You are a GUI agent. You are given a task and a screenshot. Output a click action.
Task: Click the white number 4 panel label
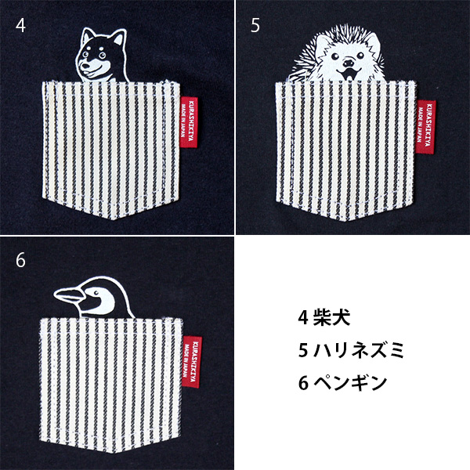[20, 26]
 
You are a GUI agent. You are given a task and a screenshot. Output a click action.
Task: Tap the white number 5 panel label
[255, 26]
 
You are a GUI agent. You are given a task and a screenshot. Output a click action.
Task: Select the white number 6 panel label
[20, 260]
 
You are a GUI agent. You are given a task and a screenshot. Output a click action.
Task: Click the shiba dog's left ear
[88, 36]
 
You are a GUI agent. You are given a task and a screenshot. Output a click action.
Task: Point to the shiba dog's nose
[85, 63]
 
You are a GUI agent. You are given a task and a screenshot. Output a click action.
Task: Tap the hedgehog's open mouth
[348, 74]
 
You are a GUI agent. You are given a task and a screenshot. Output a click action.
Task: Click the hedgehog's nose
[348, 63]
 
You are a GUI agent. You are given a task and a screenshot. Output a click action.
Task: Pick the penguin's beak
[68, 295]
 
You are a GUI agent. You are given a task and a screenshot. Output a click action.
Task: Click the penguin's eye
[96, 292]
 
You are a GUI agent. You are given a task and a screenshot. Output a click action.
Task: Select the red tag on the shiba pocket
[189, 122]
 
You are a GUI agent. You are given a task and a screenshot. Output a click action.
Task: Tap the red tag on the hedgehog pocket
[425, 127]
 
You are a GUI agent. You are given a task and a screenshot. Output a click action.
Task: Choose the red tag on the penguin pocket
[192, 362]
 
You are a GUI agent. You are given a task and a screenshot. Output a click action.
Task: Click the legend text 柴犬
[332, 317]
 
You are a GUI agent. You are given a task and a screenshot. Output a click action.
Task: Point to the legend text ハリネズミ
[359, 350]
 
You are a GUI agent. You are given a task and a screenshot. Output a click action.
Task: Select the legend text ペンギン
[350, 382]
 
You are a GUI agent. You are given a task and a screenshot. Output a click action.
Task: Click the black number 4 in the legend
[303, 317]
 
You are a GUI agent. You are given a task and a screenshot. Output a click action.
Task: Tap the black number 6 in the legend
[303, 383]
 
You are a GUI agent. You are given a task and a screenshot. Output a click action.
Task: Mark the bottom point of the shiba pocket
[112, 219]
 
